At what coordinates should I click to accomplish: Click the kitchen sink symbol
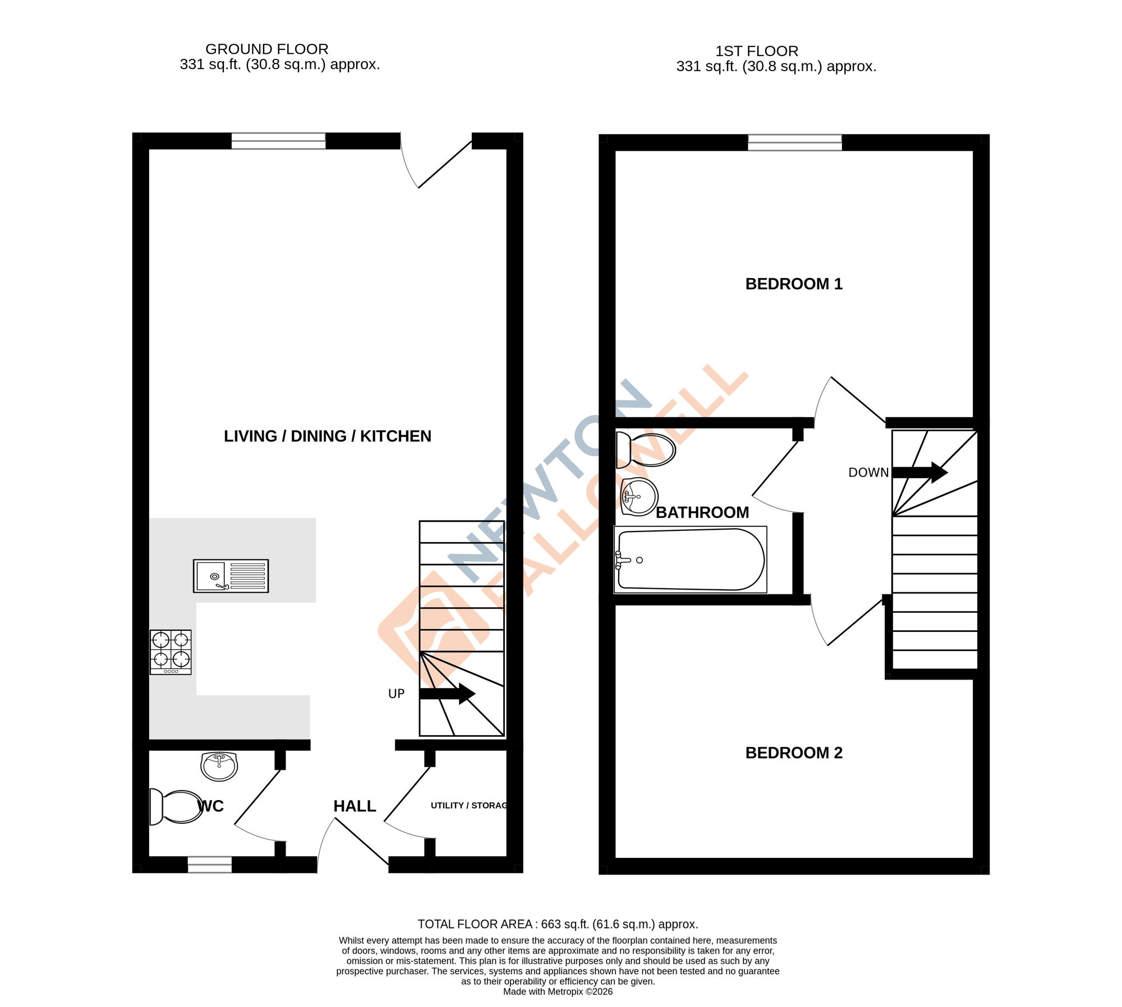pos(231,576)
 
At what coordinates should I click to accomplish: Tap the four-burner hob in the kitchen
pos(171,652)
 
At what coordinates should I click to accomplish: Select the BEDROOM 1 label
pos(793,284)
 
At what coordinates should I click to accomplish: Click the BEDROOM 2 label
pos(793,753)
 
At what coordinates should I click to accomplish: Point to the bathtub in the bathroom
pos(691,560)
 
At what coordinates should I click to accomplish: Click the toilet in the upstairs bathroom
pos(646,450)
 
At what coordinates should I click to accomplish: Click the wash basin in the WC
pos(219,766)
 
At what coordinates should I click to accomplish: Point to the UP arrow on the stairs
pos(447,694)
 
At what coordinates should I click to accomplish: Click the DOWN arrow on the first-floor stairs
pos(920,472)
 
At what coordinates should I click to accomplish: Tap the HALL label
pos(355,806)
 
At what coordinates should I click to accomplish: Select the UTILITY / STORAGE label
pos(469,806)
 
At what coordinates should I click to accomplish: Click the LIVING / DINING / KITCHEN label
pos(328,436)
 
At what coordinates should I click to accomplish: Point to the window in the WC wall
pos(209,865)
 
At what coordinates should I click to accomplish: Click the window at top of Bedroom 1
pos(794,142)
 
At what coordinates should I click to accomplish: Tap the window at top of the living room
pos(278,141)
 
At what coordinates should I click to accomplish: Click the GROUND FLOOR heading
pos(267,49)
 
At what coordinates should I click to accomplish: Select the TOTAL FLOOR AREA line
pos(558,924)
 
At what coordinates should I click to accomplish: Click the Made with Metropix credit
pos(558,991)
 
